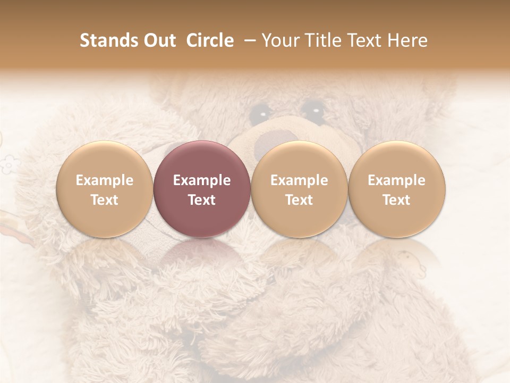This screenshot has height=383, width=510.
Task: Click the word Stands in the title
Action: [x=106, y=40]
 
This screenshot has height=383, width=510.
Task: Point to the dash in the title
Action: [x=248, y=40]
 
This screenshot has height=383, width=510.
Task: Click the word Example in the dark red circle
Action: [x=201, y=180]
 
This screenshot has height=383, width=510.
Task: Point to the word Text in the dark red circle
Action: [x=201, y=200]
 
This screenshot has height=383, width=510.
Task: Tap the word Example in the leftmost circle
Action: [x=104, y=180]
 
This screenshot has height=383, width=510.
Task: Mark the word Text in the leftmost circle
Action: [x=104, y=200]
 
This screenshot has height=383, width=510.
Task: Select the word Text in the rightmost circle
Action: [x=396, y=200]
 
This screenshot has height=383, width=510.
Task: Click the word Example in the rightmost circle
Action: [x=396, y=180]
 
